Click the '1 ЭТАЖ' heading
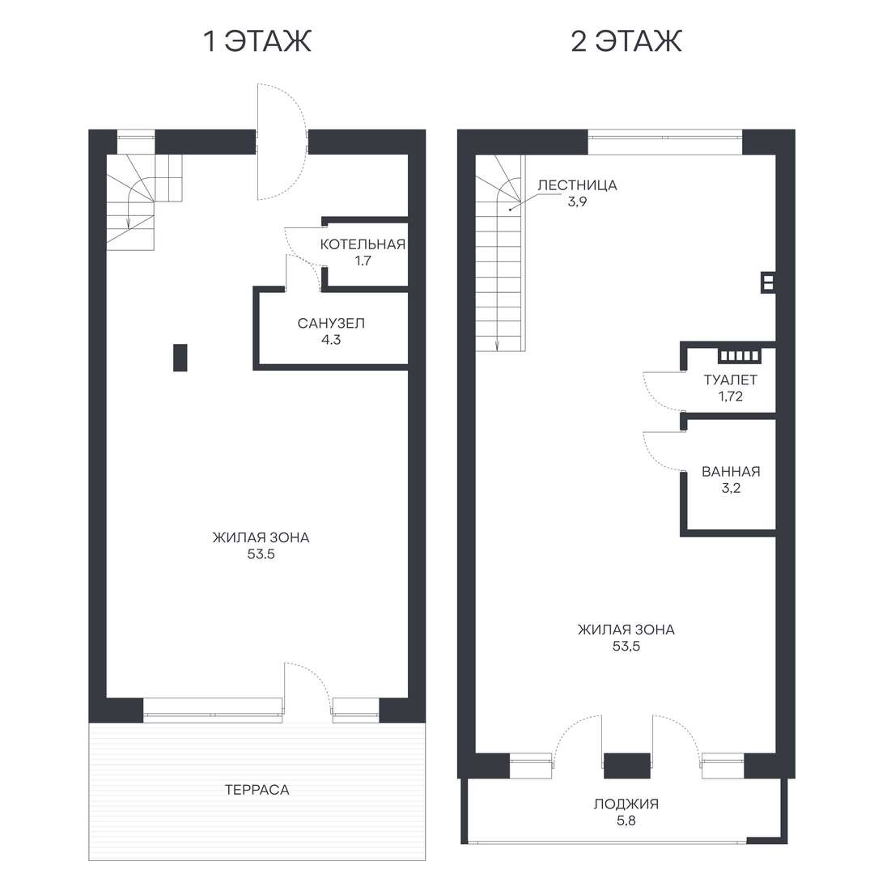point(257,41)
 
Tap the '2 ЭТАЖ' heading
point(626,41)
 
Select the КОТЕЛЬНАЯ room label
point(363,244)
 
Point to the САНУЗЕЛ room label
point(331,323)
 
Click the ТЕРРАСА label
point(257,789)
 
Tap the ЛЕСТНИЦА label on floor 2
point(578,185)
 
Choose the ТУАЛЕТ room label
point(730,380)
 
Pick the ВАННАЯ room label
point(731,472)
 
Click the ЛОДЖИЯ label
point(626,804)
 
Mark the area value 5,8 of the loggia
point(626,821)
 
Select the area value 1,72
point(730,397)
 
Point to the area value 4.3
point(331,339)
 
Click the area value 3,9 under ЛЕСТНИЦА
point(578,202)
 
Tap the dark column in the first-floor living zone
point(180,358)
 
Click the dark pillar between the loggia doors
point(627,766)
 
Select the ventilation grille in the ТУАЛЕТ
point(740,355)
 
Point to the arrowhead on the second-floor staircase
point(497,346)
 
